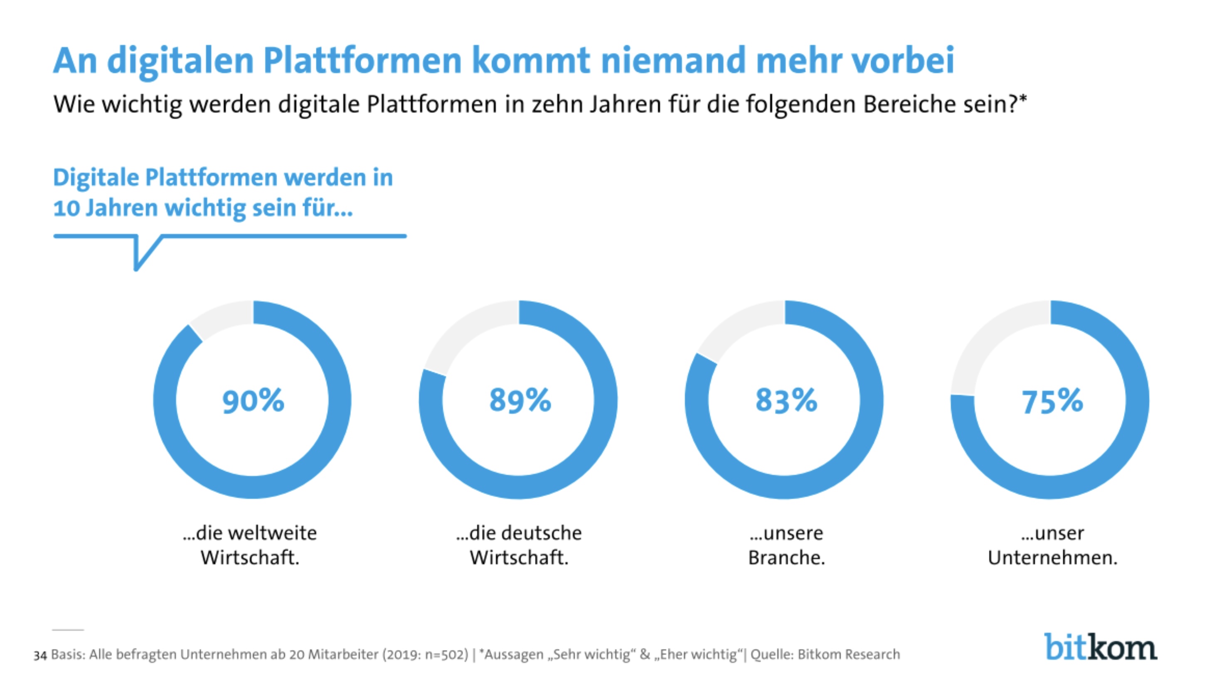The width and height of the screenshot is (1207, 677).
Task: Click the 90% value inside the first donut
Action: [253, 401]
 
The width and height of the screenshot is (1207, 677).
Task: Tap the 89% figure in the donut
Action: [520, 401]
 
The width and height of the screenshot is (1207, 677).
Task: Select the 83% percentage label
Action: [786, 401]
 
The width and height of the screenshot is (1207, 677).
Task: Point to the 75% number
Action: [1052, 402]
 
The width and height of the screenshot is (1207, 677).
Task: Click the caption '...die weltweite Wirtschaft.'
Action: [250, 545]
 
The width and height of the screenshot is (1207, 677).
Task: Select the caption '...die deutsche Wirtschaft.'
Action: [519, 545]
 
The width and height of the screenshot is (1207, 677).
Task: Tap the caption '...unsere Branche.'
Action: [786, 545]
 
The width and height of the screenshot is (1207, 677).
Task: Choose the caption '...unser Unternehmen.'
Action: [1052, 545]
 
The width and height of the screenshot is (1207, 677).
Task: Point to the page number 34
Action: [40, 655]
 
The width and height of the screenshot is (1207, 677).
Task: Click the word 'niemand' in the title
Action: [673, 61]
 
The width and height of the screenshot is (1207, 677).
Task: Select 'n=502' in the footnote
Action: [445, 655]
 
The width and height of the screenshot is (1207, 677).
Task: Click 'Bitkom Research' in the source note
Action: [849, 655]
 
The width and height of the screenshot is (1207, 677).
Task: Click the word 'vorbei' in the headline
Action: [902, 61]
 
